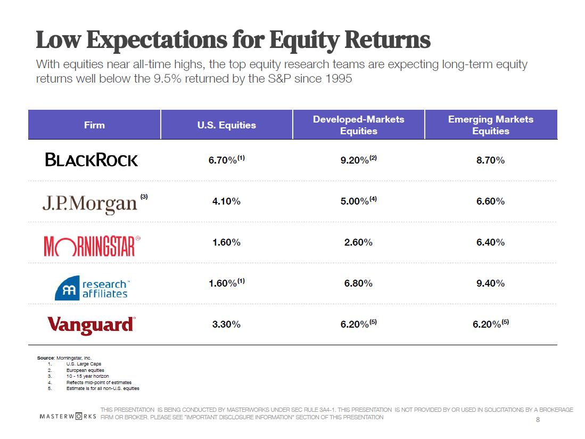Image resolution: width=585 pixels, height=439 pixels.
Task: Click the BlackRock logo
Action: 92,160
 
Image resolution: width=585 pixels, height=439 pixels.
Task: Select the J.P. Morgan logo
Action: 90,203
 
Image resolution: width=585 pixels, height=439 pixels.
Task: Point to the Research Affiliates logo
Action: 92,287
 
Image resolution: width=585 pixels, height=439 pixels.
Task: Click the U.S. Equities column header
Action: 226,125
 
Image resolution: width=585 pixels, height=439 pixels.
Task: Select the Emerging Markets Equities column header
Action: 490,125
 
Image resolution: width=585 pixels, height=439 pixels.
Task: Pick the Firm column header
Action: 94,125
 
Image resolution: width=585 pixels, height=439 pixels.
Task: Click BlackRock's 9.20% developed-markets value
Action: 355,160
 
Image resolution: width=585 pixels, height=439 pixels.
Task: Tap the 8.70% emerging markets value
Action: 490,160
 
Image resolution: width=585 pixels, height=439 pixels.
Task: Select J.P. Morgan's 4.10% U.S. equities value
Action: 226,201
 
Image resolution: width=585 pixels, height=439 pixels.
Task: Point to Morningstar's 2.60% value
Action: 358,242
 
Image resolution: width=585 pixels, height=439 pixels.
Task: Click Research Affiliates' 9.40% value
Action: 490,283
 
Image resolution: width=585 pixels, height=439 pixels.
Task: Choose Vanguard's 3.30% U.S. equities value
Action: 226,324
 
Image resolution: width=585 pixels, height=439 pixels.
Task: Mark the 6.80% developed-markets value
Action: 358,283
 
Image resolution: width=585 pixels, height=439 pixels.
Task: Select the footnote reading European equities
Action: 85,370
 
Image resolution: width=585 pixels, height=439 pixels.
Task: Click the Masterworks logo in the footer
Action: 68,415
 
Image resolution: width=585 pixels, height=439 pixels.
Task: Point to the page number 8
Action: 538,420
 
